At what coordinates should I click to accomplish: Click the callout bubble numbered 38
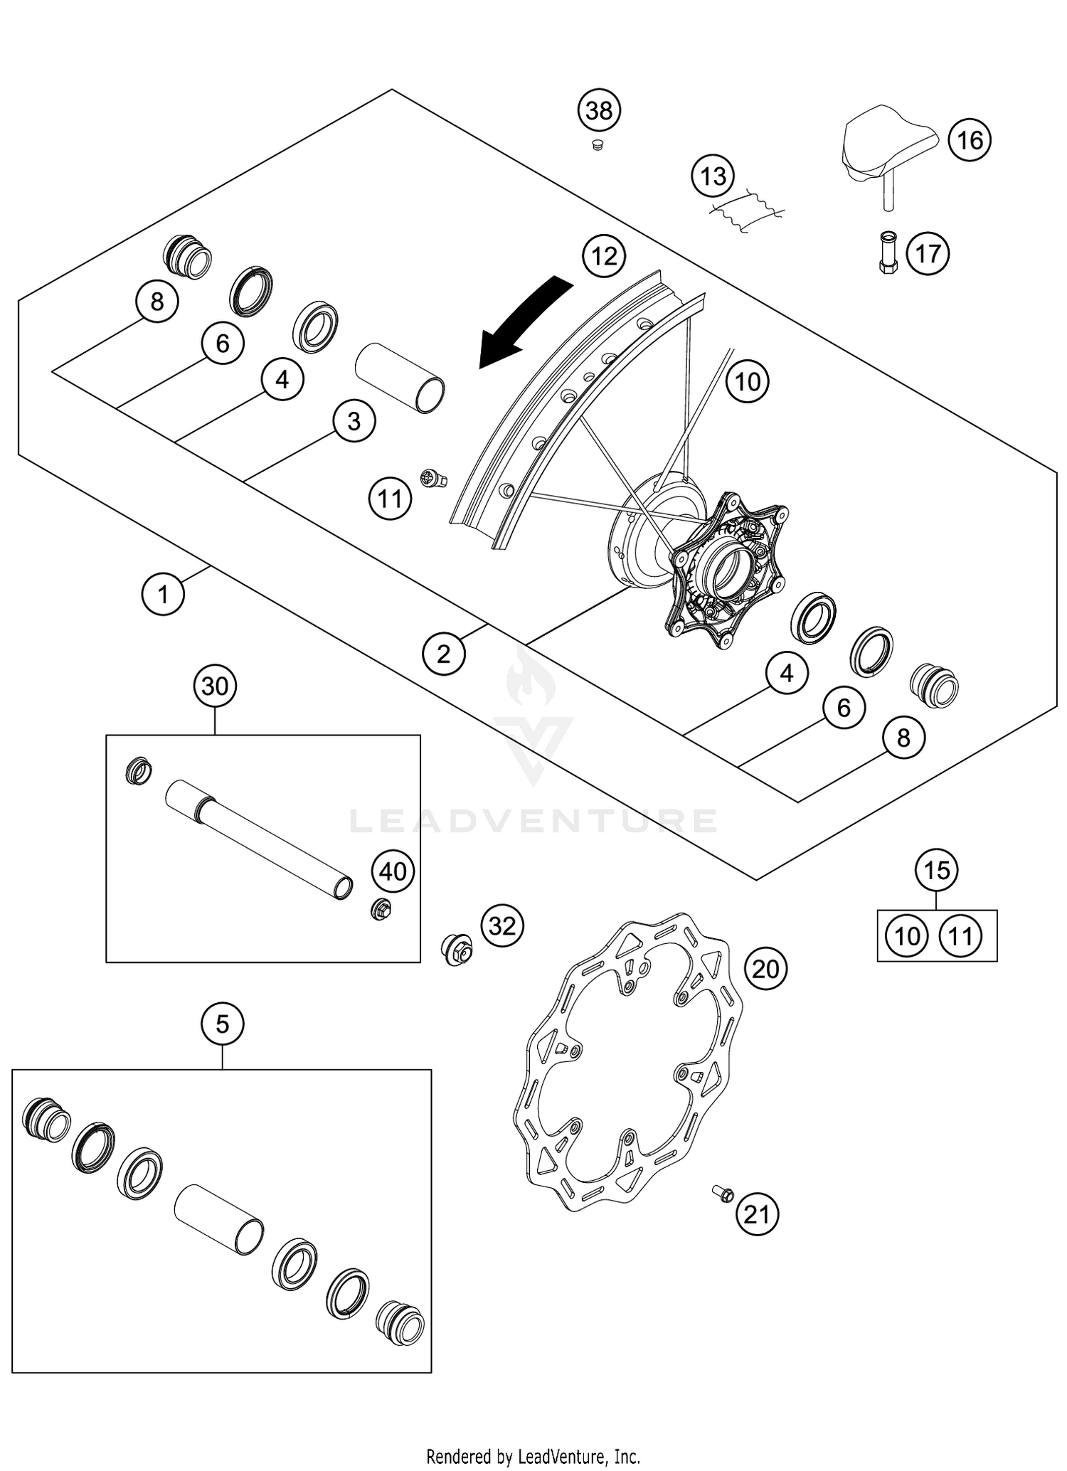coord(599,111)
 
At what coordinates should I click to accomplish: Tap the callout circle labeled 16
coord(970,140)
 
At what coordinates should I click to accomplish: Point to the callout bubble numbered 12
coord(604,256)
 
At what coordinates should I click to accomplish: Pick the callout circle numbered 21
coord(757,1214)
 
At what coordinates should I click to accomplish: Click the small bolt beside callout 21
coord(723,1193)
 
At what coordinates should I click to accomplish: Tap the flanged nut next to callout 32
coord(457,949)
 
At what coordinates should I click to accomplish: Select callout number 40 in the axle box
coord(393,872)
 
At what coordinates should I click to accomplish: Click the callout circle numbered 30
coord(215,686)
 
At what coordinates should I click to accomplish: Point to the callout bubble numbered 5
coord(222,1025)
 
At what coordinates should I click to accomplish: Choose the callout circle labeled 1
coord(163,594)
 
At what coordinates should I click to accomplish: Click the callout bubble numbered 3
coord(354,422)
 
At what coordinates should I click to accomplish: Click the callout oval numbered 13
coord(713,176)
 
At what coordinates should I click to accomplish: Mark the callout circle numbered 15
coord(937,870)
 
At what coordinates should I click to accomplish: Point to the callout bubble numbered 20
coord(765,969)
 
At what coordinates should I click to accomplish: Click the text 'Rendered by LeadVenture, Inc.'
coord(533,1456)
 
